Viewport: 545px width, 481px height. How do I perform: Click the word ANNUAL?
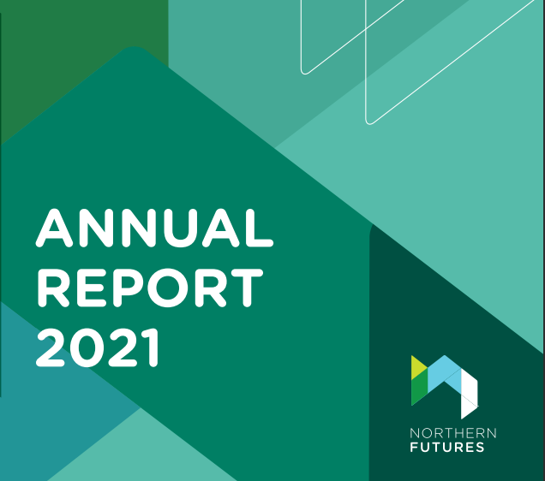154,228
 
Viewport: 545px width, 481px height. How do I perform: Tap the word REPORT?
150,288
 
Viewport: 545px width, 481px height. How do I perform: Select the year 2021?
98,347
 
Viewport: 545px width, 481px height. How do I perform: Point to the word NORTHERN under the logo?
453,433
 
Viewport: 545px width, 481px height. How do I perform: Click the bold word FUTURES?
447,447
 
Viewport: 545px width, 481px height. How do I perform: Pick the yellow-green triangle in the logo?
418,367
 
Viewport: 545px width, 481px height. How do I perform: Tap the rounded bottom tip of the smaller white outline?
305,73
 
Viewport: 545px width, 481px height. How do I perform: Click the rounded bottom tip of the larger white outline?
370,122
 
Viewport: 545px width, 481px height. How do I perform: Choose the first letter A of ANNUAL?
54,228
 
